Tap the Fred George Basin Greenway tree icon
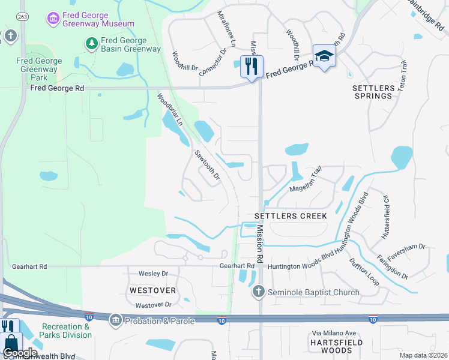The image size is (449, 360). point(91,43)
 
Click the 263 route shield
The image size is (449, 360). point(22,16)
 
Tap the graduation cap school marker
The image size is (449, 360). point(324,56)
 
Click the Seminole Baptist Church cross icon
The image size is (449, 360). point(258,292)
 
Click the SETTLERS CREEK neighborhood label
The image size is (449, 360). point(291,215)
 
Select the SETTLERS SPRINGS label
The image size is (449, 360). point(373,92)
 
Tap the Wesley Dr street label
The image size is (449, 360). point(153,273)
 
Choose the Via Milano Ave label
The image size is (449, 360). point(334,333)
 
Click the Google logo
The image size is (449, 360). point(20,353)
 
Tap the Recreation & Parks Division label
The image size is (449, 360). point(66,331)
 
